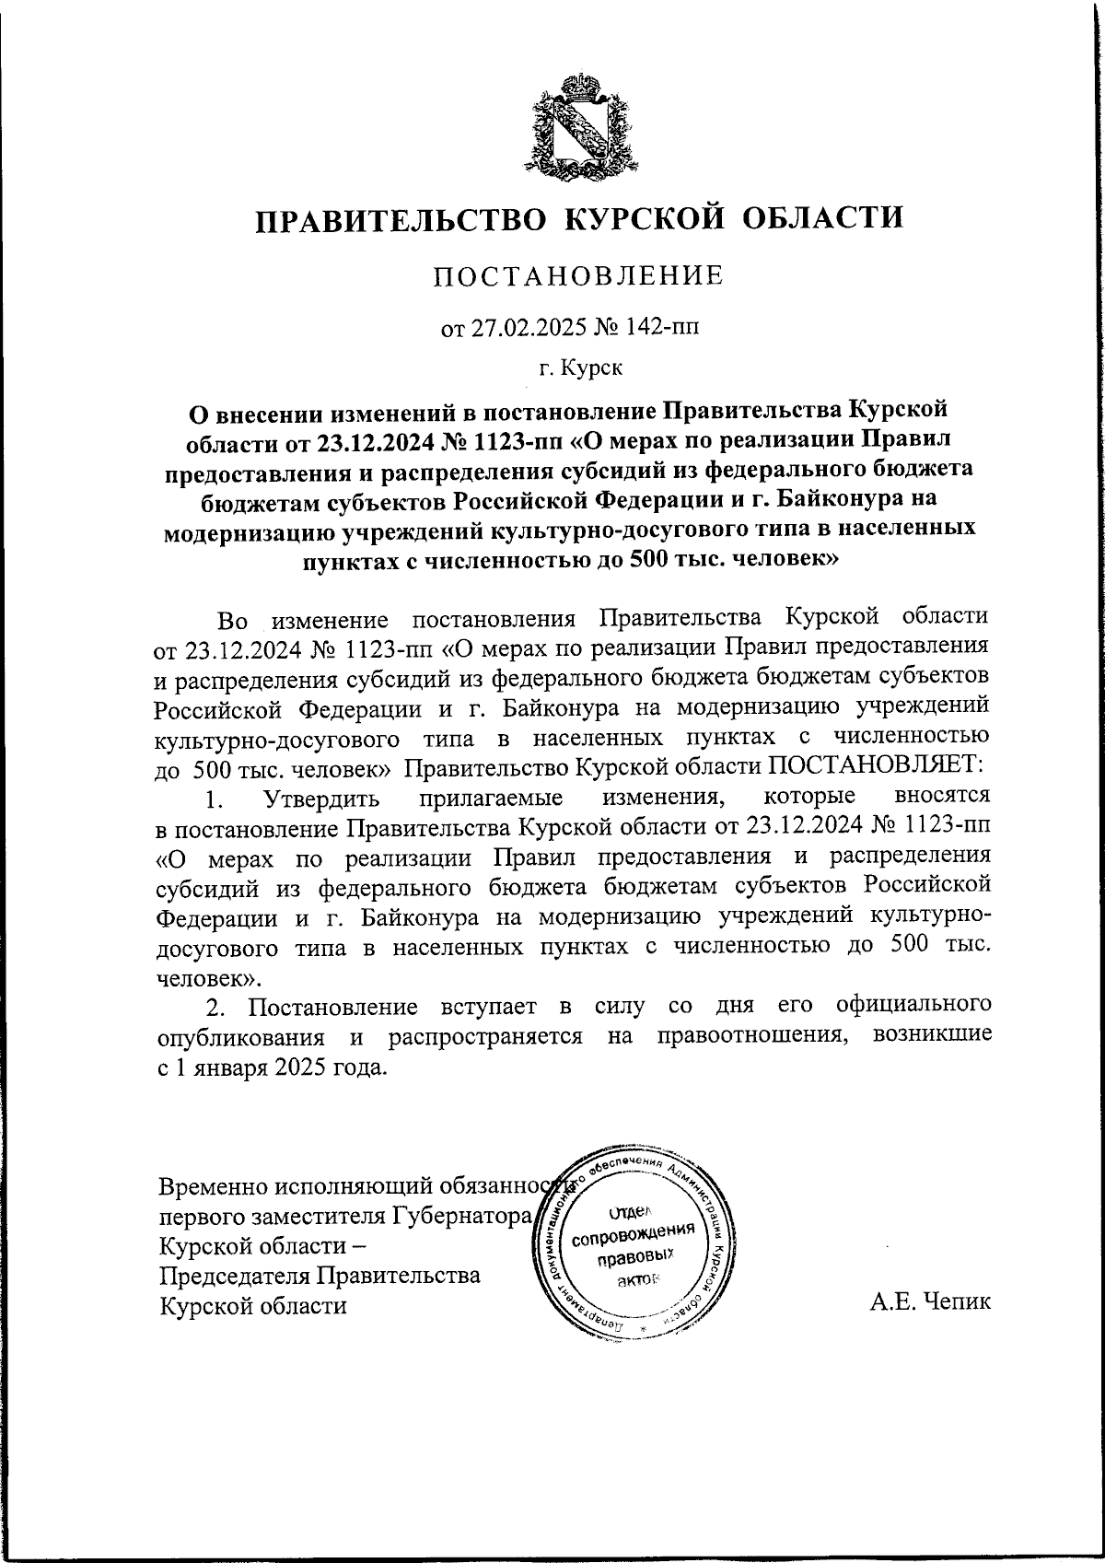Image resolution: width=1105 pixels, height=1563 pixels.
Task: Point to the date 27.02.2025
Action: tap(522, 328)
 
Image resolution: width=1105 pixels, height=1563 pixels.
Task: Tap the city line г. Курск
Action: tap(580, 369)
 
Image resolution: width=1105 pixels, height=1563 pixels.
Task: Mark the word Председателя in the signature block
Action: tap(234, 1276)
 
